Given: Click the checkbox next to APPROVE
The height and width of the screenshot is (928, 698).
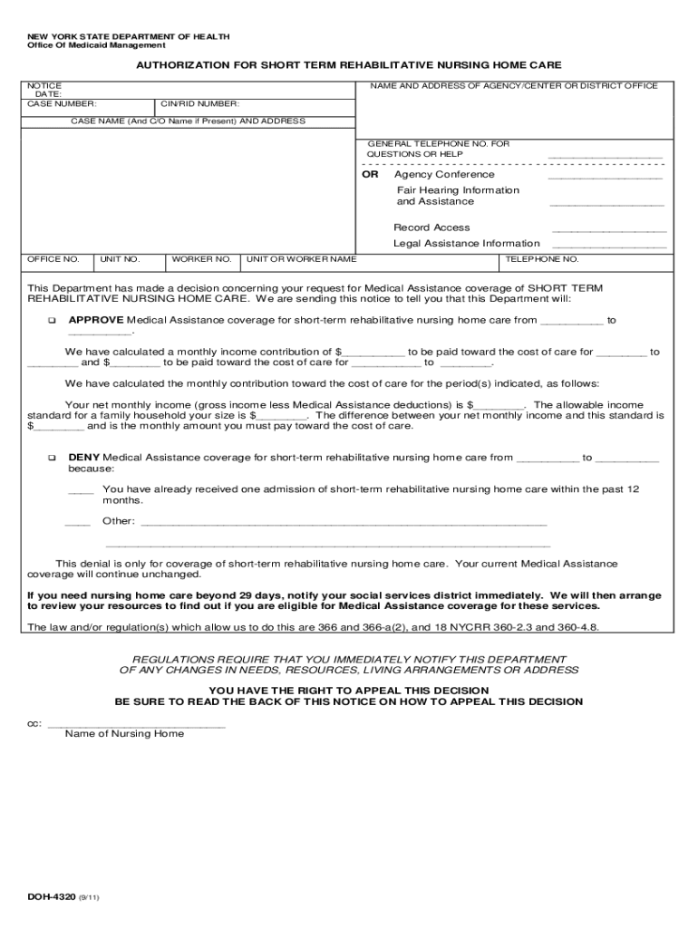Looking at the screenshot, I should [x=52, y=321].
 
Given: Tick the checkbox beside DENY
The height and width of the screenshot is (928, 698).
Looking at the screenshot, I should [x=52, y=459].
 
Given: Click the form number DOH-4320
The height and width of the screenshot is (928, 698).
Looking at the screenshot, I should [x=52, y=898].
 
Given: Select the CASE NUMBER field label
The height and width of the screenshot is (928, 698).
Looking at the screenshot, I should [x=62, y=104].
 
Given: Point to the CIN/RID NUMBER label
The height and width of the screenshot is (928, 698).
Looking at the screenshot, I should [x=199, y=104].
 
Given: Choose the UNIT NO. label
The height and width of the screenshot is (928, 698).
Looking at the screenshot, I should [x=120, y=259].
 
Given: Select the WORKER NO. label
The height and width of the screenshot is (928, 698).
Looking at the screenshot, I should [x=201, y=259].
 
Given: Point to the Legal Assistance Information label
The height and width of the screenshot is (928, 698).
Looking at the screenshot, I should [x=466, y=244].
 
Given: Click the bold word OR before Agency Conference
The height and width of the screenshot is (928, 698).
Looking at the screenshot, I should [x=370, y=174].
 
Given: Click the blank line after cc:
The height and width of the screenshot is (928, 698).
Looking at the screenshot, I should [x=136, y=727].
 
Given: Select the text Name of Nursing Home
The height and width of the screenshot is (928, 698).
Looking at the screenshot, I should [x=124, y=734].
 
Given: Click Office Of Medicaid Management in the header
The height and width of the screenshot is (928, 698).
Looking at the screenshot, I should [x=96, y=45].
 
